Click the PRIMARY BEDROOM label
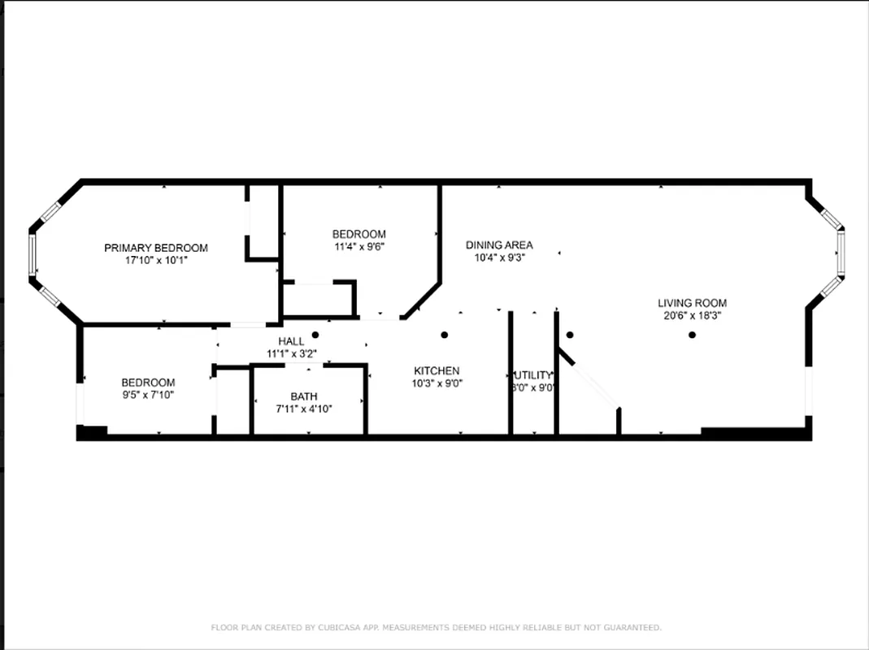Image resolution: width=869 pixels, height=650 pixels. (155, 248)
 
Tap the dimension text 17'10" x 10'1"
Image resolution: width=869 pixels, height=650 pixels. (155, 261)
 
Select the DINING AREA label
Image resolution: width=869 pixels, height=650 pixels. (499, 245)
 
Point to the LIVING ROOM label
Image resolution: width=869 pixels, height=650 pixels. (692, 303)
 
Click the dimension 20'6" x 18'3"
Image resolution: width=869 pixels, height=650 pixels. (692, 315)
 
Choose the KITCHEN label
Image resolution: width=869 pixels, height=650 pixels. (437, 370)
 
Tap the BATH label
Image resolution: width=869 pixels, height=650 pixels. (304, 396)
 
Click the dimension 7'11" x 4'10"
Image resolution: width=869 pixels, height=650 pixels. (304, 409)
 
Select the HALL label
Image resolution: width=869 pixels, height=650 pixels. (291, 341)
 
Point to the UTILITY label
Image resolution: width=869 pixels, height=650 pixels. (532, 375)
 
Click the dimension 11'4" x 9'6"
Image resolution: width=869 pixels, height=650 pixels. (358, 247)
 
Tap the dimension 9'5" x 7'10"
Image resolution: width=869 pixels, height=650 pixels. (148, 395)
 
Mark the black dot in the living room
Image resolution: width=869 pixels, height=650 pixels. (693, 335)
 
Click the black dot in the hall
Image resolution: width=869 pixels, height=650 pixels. (315, 335)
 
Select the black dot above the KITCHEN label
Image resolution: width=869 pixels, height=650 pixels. (445, 335)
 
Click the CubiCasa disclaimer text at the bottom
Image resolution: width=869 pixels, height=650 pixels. (436, 627)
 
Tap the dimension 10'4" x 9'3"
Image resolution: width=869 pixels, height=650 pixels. (499, 258)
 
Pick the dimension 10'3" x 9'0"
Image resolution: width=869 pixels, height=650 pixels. (437, 383)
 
